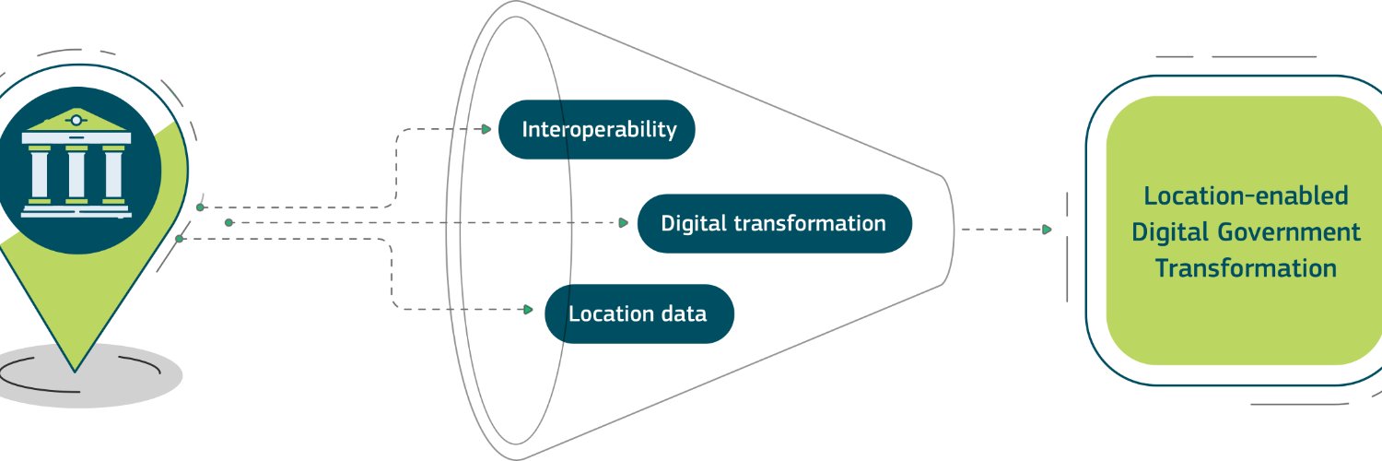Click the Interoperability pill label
[597, 129]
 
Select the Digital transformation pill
[774, 223]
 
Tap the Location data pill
[638, 313]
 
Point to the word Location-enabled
[1246, 195]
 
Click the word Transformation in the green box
[1246, 268]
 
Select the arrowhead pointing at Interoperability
[488, 129]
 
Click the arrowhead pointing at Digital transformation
[624, 223]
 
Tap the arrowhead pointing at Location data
[528, 310]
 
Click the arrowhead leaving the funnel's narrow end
[1047, 230]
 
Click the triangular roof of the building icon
[76, 120]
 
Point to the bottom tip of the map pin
[76, 368]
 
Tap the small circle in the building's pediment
[76, 120]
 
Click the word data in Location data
[683, 313]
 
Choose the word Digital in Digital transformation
[693, 223]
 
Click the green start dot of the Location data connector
[179, 239]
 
